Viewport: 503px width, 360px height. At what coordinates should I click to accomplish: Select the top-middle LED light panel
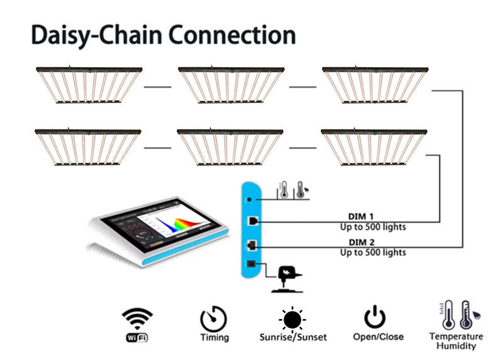pos(233,84)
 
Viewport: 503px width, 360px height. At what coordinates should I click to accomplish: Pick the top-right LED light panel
pos(377,84)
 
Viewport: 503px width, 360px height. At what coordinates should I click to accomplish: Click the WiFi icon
pos(138,321)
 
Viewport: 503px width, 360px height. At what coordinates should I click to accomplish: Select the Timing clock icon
pos(214,319)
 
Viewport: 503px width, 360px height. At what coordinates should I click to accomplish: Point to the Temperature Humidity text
pos(456,341)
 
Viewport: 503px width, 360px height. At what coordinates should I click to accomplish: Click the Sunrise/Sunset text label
pos(293,337)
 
